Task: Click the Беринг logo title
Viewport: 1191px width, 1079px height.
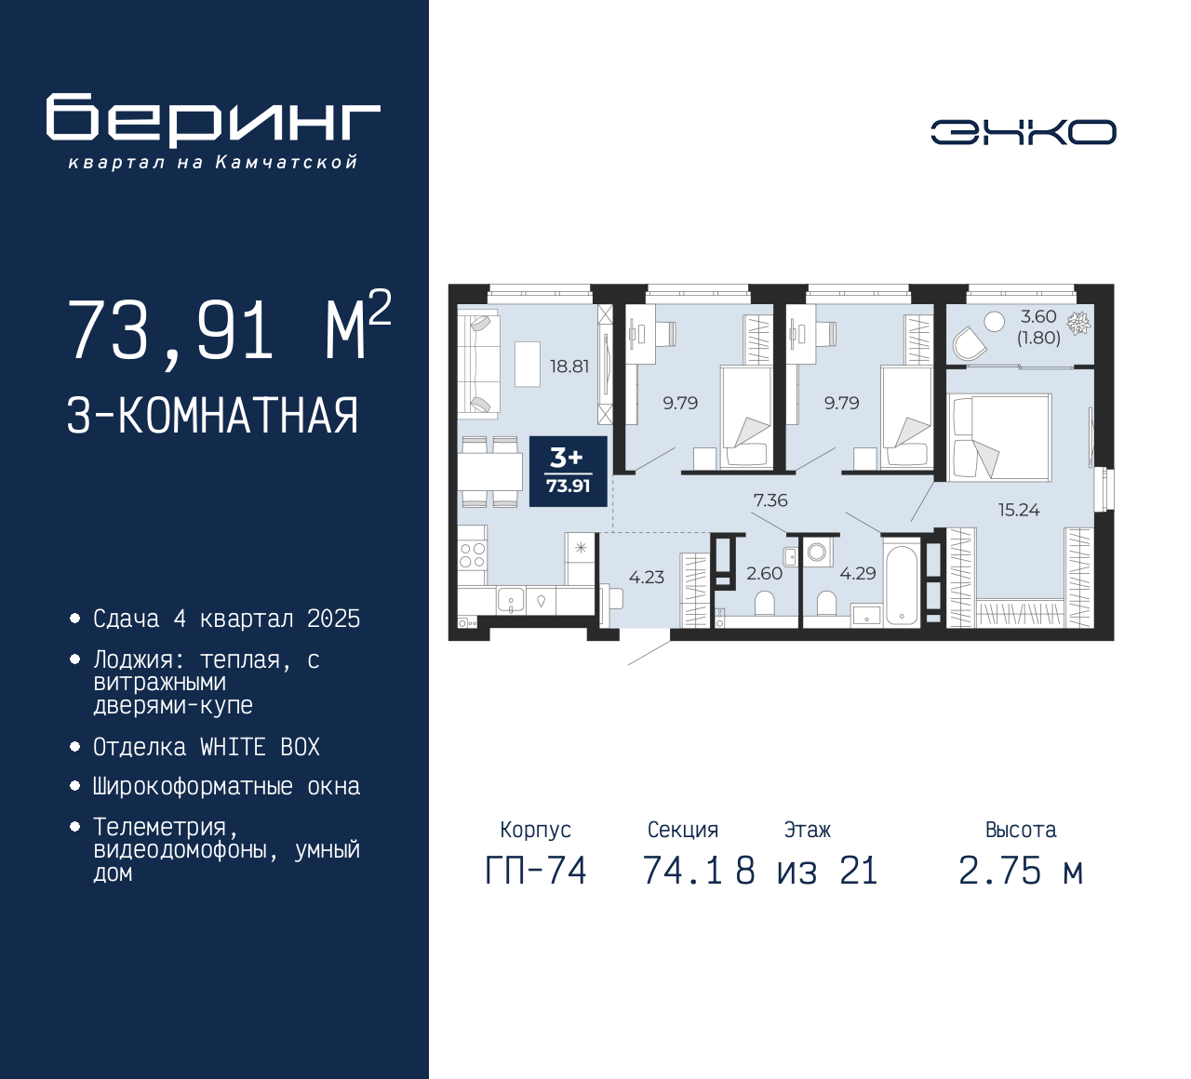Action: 213,120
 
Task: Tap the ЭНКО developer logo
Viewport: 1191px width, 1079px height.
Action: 1023,132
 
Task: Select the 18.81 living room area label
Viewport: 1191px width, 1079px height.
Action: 569,366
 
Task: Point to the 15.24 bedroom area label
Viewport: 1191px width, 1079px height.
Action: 1019,510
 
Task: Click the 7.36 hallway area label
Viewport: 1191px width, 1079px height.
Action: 770,500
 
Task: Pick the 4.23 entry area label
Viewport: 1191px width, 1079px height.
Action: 647,577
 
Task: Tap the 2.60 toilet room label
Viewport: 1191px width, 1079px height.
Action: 764,573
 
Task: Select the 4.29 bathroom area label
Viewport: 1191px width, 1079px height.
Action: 857,573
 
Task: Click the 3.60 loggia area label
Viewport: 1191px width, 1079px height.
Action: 1038,316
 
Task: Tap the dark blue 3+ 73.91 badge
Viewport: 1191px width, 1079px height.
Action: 569,472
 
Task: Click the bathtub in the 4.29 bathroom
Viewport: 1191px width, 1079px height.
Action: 902,582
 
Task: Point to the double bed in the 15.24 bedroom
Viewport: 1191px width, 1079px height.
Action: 999,437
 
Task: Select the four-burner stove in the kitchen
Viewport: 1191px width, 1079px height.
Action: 472,555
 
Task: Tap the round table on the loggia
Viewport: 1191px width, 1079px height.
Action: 994,322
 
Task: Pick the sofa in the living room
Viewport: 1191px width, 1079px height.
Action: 478,364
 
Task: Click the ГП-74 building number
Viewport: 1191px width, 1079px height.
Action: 536,872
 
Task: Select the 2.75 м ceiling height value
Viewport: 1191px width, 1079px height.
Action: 1021,872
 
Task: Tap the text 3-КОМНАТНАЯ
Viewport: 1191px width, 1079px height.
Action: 212,416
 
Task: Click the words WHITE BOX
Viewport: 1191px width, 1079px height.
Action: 260,747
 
